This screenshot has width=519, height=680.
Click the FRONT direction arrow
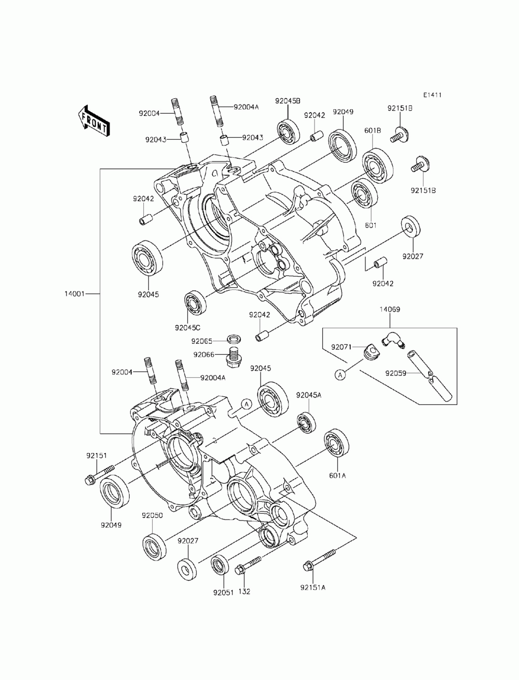click(93, 121)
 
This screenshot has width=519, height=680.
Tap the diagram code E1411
click(432, 95)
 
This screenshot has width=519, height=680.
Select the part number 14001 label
click(74, 294)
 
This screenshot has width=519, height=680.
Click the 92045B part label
click(288, 101)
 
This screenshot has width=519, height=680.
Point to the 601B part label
click(372, 131)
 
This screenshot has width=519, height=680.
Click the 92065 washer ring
click(234, 339)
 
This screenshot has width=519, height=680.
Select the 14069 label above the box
click(390, 309)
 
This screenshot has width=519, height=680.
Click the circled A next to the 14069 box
click(340, 376)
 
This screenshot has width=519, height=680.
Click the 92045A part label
click(309, 395)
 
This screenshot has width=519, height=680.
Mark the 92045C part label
click(187, 327)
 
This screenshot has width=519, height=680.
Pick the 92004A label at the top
click(246, 107)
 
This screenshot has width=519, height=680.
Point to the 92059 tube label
click(395, 374)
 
